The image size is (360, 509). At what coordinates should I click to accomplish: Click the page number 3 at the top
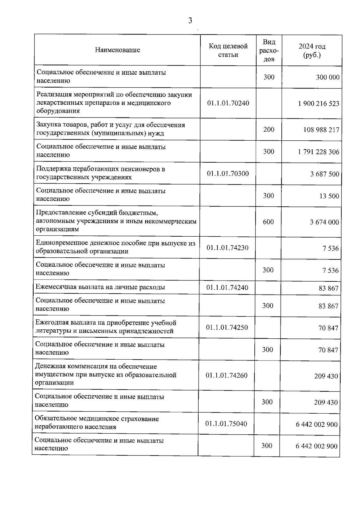[x=190, y=21]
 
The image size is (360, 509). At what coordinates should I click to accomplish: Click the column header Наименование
[x=117, y=50]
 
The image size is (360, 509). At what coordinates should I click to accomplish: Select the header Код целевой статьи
[x=228, y=50]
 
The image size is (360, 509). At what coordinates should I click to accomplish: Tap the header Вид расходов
[x=269, y=50]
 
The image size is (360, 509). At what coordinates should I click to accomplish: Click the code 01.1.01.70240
[x=228, y=103]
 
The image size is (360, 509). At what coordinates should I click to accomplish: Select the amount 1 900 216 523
[x=319, y=104]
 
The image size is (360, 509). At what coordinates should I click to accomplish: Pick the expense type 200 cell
[x=269, y=129]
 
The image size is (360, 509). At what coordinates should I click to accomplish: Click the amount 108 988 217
[x=321, y=130]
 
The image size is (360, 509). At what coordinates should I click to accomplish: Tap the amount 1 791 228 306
[x=319, y=152]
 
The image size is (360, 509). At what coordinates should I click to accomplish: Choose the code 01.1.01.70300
[x=228, y=173]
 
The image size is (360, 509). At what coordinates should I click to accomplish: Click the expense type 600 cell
[x=268, y=222]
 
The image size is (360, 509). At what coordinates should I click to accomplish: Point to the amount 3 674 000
[x=324, y=222]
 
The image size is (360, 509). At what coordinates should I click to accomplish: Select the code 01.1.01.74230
[x=227, y=248]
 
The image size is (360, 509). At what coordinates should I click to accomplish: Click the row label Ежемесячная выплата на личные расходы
[x=100, y=287]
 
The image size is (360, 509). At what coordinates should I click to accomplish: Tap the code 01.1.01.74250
[x=227, y=327]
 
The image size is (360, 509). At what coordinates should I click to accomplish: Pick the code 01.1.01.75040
[x=226, y=424]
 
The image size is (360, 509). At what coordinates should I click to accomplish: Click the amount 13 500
[x=329, y=196]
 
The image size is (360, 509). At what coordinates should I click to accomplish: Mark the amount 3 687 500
[x=325, y=174]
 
